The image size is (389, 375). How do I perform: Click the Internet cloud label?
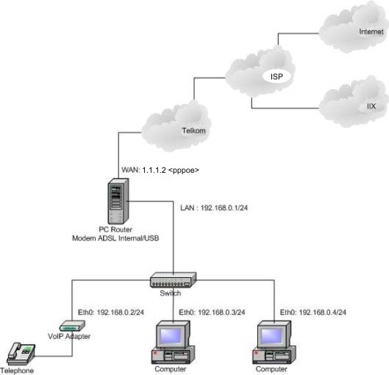[x=371, y=32]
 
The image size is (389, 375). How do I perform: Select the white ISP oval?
[x=276, y=76]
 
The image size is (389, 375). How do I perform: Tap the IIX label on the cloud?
[x=371, y=107]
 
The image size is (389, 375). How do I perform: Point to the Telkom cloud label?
[x=193, y=130]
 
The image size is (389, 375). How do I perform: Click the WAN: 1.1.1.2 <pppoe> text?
[x=160, y=170]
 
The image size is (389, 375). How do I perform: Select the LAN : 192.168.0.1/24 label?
[x=214, y=207]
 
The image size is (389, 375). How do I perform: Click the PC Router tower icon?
[x=118, y=201]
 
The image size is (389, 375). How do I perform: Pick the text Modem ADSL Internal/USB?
[x=115, y=238]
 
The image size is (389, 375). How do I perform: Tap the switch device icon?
[x=173, y=280]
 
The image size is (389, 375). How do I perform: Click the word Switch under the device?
[x=170, y=293]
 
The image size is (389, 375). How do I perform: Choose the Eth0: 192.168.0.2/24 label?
[x=111, y=312]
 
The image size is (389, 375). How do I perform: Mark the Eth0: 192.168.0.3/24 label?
[x=212, y=312]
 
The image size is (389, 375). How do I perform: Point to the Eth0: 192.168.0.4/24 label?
[x=313, y=312]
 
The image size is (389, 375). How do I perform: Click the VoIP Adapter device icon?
[x=72, y=326]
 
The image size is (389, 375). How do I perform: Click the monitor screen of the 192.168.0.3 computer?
[x=171, y=336]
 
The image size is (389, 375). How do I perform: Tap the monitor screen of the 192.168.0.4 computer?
[x=272, y=336]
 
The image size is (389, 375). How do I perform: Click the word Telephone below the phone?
[x=17, y=371]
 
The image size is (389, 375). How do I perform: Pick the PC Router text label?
[x=115, y=229]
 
